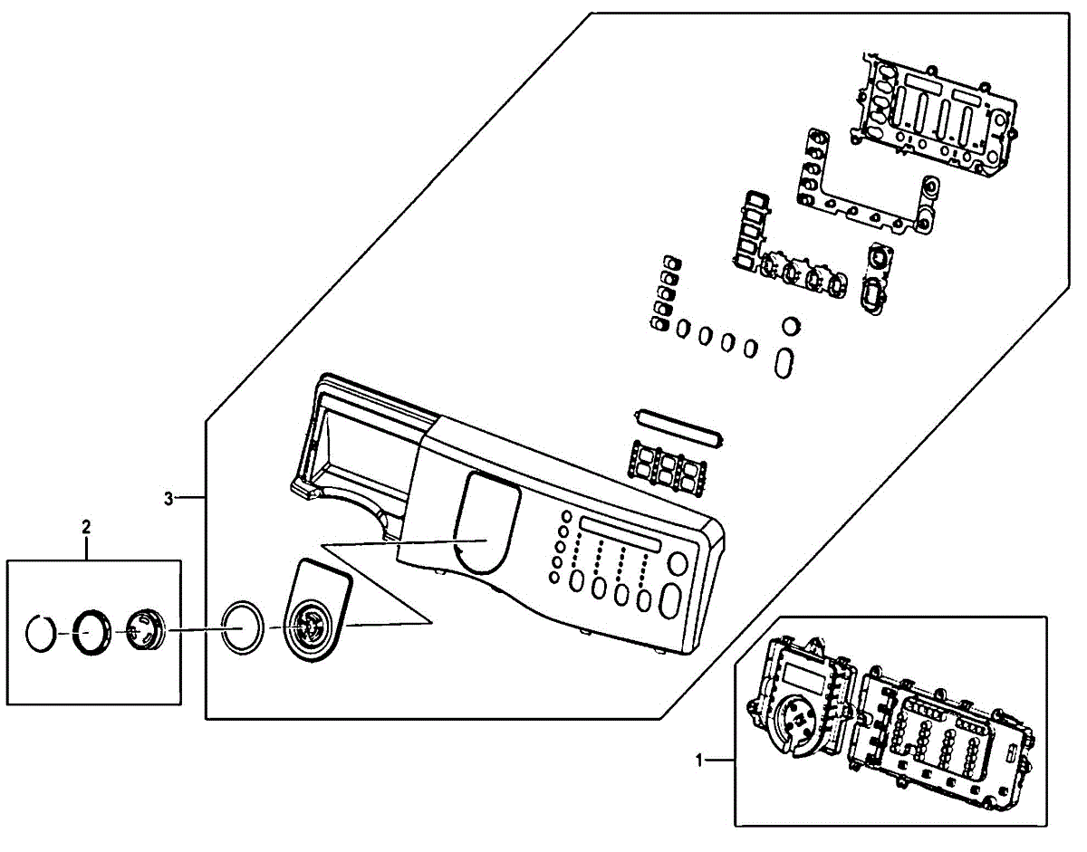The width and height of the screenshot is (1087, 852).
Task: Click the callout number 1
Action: pyautogui.click(x=699, y=761)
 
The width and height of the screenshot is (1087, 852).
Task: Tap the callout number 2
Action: pyautogui.click(x=86, y=524)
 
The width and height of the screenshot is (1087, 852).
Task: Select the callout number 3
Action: pyautogui.click(x=168, y=497)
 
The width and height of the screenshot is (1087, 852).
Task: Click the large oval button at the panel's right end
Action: pyautogui.click(x=671, y=602)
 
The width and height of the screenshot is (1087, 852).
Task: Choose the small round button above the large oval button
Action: pyautogui.click(x=677, y=566)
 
